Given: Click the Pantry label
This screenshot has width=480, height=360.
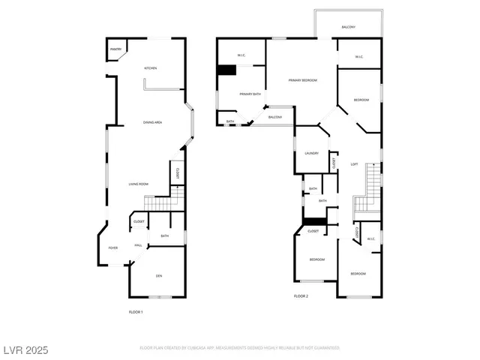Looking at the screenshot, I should pyautogui.click(x=115, y=49).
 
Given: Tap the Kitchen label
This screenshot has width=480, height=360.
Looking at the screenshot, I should pyautogui.click(x=151, y=68).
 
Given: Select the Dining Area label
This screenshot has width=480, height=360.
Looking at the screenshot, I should pyautogui.click(x=153, y=122).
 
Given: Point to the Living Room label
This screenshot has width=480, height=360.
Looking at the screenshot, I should pyautogui.click(x=138, y=184).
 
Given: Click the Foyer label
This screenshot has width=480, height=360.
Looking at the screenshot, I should pyautogui.click(x=113, y=247).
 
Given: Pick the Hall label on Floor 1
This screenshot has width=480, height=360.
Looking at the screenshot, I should pyautogui.click(x=139, y=245).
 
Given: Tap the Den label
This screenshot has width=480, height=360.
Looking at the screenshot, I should pyautogui.click(x=159, y=276).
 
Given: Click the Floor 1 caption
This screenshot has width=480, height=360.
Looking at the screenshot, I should pyautogui.click(x=136, y=311).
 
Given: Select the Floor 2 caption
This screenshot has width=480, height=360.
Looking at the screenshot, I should pyautogui.click(x=301, y=296).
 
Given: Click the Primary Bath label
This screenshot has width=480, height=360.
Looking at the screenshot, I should pyautogui.click(x=250, y=94).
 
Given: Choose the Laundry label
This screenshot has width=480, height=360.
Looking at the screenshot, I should pyautogui.click(x=312, y=153).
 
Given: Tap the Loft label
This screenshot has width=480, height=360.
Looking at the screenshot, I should pyautogui.click(x=354, y=164).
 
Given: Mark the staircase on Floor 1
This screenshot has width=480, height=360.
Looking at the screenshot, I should pyautogui.click(x=158, y=203).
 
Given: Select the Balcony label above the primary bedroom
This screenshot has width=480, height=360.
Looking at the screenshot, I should pyautogui.click(x=348, y=27).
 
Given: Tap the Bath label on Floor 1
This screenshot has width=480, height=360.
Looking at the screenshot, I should pyautogui.click(x=165, y=237).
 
